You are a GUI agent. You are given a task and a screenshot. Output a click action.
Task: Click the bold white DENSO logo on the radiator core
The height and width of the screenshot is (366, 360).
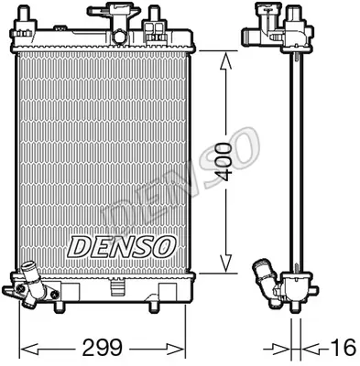118,246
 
